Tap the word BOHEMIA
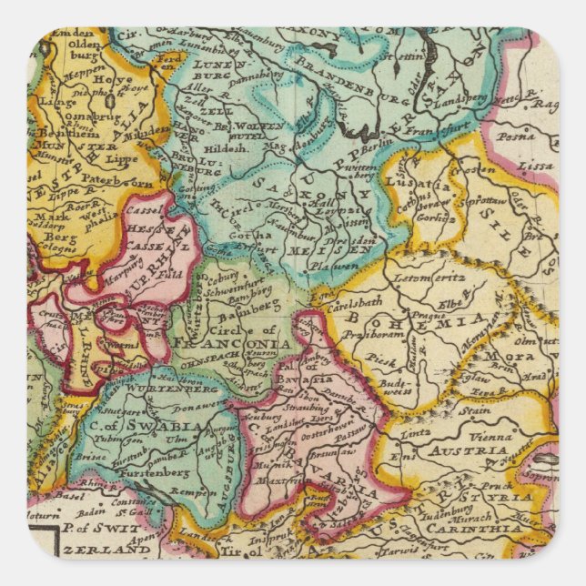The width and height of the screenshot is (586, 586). click(x=453, y=318)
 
